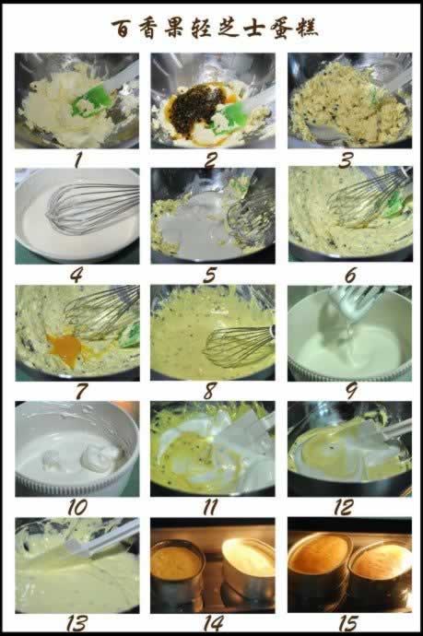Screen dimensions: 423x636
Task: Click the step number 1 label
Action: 77,160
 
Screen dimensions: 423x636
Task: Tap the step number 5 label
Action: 210,276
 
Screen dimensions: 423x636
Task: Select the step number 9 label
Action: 351,391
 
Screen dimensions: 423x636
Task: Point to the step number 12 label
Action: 343,507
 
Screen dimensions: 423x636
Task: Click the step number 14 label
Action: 213,622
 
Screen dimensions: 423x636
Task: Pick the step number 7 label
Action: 80,391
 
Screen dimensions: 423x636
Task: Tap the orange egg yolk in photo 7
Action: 65,349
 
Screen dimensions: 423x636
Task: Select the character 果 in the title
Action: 176,28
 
